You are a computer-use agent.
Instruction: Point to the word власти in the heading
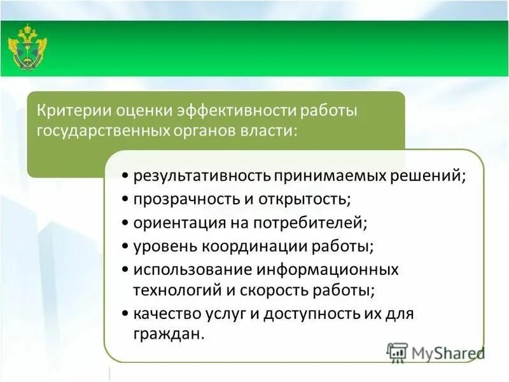[274, 131]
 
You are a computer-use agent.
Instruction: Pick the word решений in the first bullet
[433, 175]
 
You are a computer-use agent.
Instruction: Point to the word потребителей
[309, 222]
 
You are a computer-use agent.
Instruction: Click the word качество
[165, 313]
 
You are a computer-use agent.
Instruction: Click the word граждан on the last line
[168, 334]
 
